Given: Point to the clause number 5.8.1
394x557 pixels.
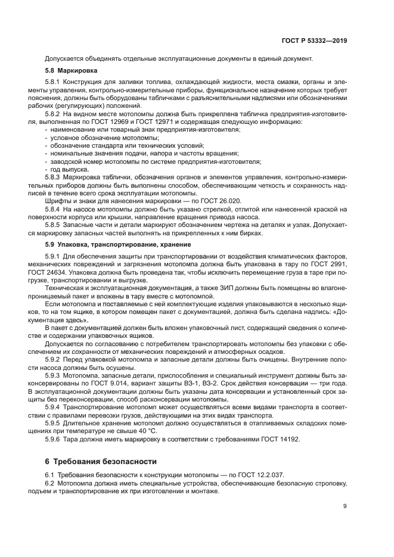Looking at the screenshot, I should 55,82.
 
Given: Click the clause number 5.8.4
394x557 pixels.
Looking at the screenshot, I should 55,209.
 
